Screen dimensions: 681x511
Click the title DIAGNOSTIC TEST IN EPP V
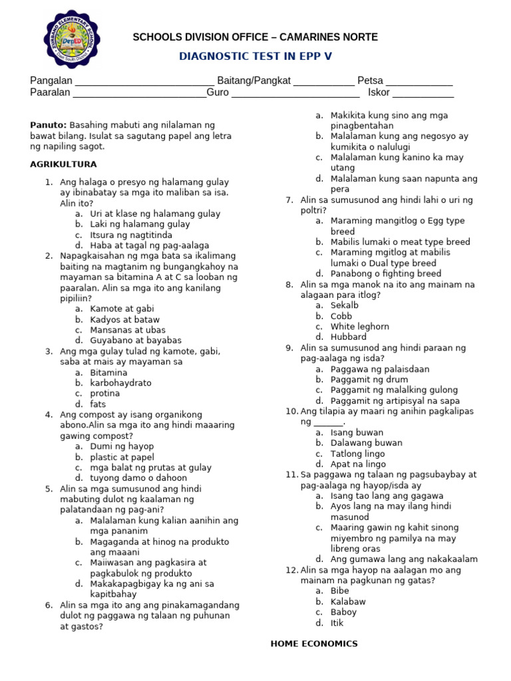[x=255, y=57]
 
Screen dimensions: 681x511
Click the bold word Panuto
[x=49, y=125]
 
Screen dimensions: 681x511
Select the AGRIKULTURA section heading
[x=64, y=164]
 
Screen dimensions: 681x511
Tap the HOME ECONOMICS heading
[x=314, y=644]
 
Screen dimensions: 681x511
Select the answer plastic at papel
[x=122, y=458]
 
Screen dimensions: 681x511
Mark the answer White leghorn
[x=360, y=327]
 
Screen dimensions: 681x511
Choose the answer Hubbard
[x=349, y=337]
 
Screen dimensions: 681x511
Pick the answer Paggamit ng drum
[x=369, y=380]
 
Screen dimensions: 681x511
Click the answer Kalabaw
[x=348, y=602]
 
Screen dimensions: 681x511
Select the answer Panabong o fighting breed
[x=385, y=273]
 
